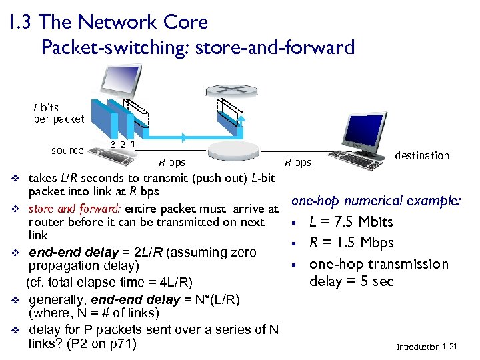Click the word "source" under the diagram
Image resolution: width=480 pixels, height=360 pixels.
point(67,151)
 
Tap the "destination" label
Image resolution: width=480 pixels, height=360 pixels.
point(422,155)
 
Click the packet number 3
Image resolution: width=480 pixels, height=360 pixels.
point(113,145)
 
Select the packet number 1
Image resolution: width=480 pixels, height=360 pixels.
point(133,143)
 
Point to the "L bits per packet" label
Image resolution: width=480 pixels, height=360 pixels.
point(59,113)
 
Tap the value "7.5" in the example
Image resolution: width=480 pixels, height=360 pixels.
point(343,222)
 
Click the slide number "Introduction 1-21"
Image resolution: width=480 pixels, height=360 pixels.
point(427,347)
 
